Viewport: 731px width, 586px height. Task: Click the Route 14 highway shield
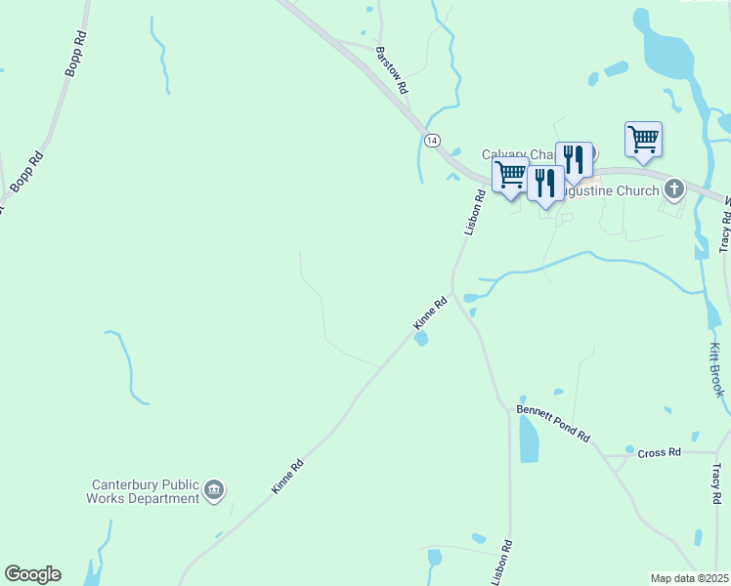[x=432, y=141]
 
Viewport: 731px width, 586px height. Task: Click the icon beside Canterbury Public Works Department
[x=215, y=490]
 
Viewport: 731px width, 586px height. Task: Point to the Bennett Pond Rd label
[x=554, y=424]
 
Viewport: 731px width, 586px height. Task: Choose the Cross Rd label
[x=658, y=454]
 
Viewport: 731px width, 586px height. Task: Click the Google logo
[x=32, y=574]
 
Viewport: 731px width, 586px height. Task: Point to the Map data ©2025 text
[x=689, y=578]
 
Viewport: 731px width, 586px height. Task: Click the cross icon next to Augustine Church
[x=672, y=188]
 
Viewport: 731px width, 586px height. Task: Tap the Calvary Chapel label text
[x=518, y=155]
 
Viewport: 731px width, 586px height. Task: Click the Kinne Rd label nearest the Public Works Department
[x=288, y=476]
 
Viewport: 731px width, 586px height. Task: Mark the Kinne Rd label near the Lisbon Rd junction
[x=429, y=313]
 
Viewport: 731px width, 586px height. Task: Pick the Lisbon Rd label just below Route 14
[x=473, y=212]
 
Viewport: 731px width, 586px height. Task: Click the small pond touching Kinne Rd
[x=421, y=339]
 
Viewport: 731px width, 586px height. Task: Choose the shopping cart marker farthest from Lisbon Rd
[x=643, y=140]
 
